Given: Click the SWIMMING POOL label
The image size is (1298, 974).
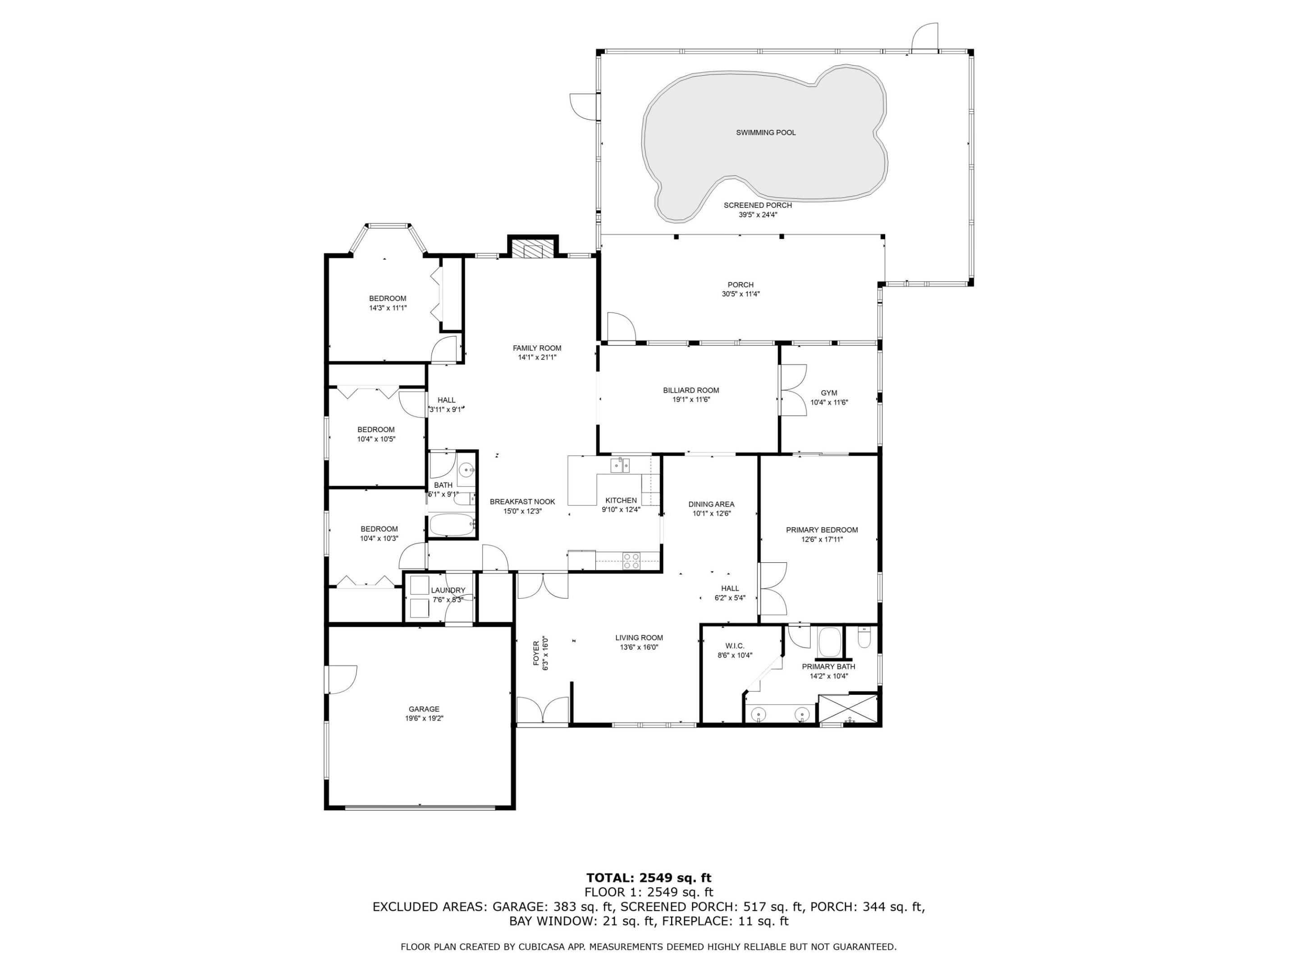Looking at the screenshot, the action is coord(766,133).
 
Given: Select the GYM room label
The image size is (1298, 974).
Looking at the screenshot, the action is coord(828,393).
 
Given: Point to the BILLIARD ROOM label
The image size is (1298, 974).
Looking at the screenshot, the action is coord(690,390).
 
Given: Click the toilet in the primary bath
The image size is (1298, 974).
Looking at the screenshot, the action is coord(864,637).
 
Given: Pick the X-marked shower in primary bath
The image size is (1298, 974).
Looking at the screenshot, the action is coord(847,709).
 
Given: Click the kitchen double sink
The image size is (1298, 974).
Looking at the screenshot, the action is coord(620,465).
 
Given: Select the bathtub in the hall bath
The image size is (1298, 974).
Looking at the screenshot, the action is coord(451,525).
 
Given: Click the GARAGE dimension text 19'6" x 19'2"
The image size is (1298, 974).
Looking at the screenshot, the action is coord(424,718).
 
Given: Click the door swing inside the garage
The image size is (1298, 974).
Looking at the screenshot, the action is coord(343,680).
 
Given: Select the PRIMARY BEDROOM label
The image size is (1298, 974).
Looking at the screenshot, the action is coord(822,529).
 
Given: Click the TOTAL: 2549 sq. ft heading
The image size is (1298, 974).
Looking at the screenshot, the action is coord(649,878).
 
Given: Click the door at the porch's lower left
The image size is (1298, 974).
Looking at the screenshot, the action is coord(621,326).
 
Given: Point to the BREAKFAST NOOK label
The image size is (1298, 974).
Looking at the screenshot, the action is coord(522,501).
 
